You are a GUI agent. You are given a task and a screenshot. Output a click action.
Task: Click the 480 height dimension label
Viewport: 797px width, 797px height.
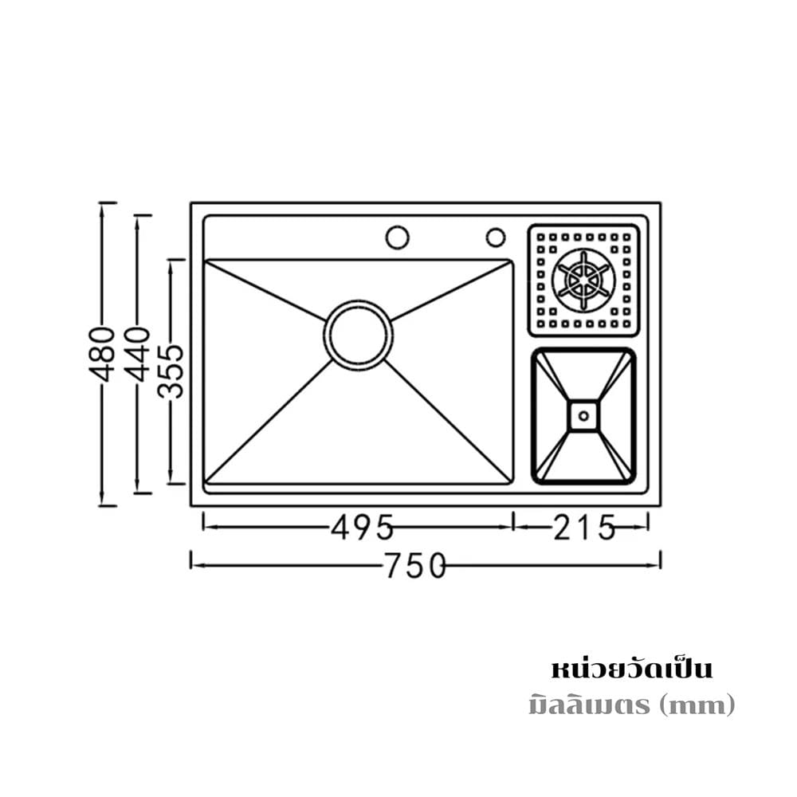coord(102,355)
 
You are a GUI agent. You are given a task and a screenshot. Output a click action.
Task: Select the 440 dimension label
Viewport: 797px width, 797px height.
coord(138,355)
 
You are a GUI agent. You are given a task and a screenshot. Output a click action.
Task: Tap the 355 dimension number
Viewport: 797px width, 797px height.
coord(171,371)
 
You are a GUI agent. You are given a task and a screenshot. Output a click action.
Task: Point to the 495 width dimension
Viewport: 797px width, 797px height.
coord(362,527)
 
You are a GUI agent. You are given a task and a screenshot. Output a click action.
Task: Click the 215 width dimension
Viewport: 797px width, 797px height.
coord(584,527)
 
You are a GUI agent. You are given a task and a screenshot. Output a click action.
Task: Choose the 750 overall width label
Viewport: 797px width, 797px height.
coord(415,566)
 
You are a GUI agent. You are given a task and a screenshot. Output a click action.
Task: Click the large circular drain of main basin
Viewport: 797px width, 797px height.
coord(359,334)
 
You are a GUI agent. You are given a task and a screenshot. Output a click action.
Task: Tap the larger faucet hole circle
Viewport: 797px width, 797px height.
coord(397,237)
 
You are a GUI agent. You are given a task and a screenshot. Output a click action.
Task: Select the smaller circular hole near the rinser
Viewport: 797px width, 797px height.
coord(496,237)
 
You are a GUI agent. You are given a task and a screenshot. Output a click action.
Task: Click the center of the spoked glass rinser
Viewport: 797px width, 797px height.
coord(583,280)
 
